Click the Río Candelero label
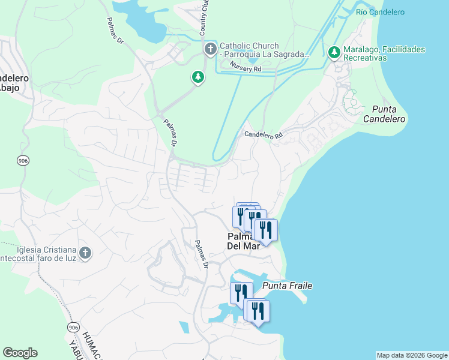click(x=380, y=12)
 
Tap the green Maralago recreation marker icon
click(x=334, y=53)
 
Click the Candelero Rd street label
click(x=263, y=135)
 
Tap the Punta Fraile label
click(x=287, y=286)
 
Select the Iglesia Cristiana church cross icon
click(x=85, y=253)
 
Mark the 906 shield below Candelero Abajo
click(x=22, y=161)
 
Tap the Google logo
click(x=20, y=353)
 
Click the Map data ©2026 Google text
click(x=411, y=355)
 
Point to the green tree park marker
click(x=197, y=77)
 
